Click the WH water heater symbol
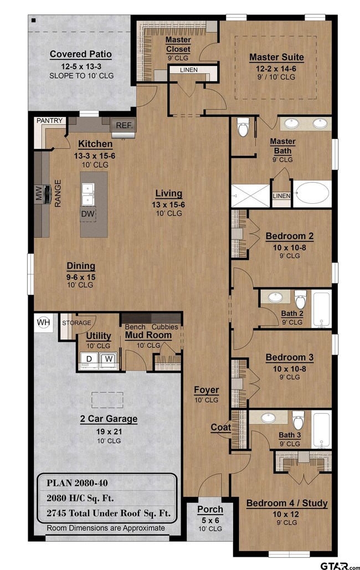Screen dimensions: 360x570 click(44, 322)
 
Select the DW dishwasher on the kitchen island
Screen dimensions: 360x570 click(88, 214)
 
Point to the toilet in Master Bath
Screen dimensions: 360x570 click(243, 127)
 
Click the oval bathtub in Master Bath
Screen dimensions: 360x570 click(312, 194)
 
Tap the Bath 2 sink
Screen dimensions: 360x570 click(275, 297)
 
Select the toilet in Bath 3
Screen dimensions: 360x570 click(298, 420)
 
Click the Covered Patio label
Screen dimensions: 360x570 click(81, 54)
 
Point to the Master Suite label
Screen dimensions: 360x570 click(276, 57)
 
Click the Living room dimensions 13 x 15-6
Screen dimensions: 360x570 click(168, 204)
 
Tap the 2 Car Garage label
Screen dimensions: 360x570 click(109, 419)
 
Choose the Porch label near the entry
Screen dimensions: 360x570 click(210, 509)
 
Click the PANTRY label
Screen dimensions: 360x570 click(50, 121)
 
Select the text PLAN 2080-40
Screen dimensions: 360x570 click(77, 483)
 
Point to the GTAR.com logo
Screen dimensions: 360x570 click(340, 565)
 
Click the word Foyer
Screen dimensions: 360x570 click(206, 390)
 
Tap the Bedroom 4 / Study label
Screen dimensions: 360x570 click(287, 504)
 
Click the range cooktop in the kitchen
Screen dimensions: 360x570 click(47, 194)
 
